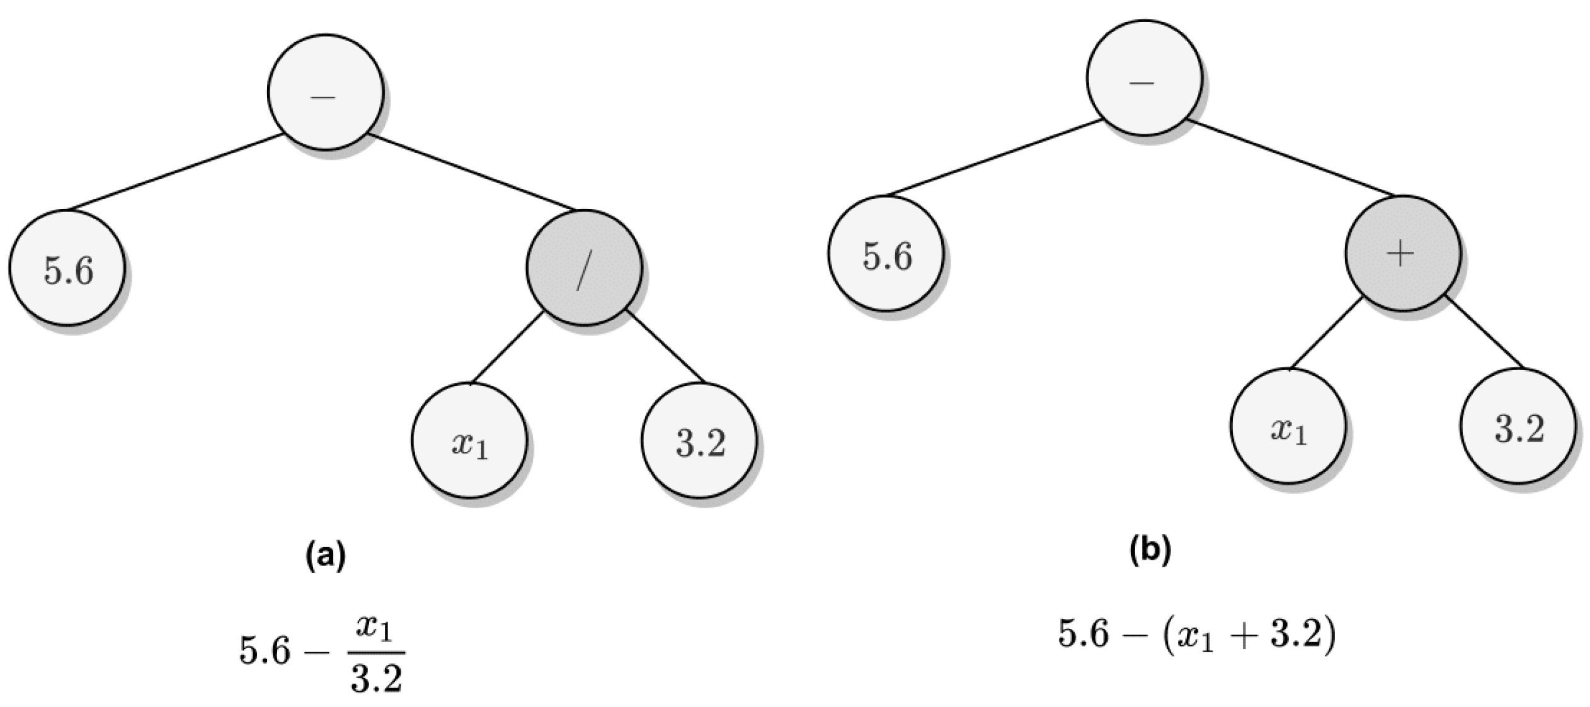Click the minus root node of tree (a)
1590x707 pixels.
[325, 92]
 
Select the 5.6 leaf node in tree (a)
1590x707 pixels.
[67, 268]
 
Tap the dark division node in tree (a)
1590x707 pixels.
[584, 268]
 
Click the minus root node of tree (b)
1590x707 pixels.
[1143, 77]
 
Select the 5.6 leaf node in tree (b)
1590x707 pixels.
[886, 253]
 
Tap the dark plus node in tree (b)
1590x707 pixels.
[1402, 253]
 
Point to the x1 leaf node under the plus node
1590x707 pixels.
[1288, 426]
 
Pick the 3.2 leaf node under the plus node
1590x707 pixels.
[1518, 426]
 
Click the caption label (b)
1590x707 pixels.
[1150, 550]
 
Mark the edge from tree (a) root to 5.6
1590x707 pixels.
[175, 171]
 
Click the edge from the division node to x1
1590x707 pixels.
[507, 348]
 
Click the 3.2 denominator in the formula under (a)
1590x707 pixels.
[376, 679]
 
